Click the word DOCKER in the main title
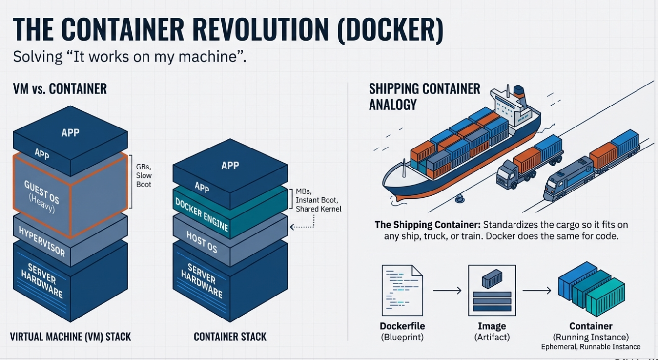pyautogui.click(x=391, y=30)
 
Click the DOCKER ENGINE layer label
pyautogui.click(x=202, y=214)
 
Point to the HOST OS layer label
pyautogui.click(x=202, y=242)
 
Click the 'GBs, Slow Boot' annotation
pyautogui.click(x=144, y=175)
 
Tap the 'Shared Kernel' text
pyautogui.click(x=318, y=209)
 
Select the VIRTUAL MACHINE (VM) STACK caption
pyautogui.click(x=70, y=337)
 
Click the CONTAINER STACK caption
pyautogui.click(x=230, y=337)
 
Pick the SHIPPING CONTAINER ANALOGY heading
pyautogui.click(x=425, y=96)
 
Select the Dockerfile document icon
pyautogui.click(x=402, y=290)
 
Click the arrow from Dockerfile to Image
pyautogui.click(x=447, y=291)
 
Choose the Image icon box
pyautogui.click(x=492, y=290)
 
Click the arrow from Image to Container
pyautogui.click(x=536, y=291)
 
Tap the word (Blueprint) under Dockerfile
pyautogui.click(x=402, y=337)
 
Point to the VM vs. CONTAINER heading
pyautogui.click(x=60, y=89)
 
